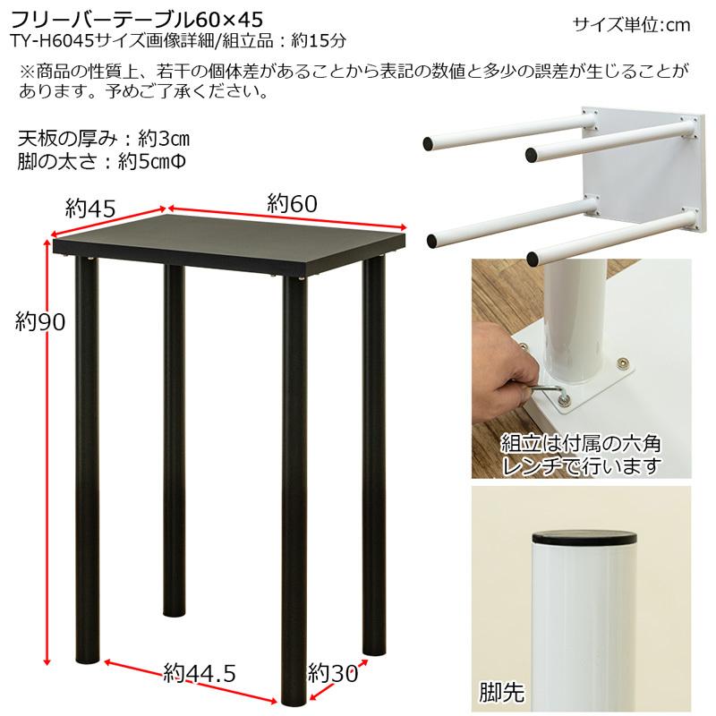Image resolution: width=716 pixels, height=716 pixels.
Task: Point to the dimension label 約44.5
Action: coord(200,672)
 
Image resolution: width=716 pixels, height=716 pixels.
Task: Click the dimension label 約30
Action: coord(333,671)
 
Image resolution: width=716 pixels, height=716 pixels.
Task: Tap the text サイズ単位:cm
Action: coord(632,25)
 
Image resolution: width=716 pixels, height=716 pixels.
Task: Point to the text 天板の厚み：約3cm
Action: coord(103,140)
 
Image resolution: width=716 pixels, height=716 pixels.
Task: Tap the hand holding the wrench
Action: coord(506,371)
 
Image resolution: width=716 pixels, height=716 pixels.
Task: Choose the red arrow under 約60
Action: coord(286,220)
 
